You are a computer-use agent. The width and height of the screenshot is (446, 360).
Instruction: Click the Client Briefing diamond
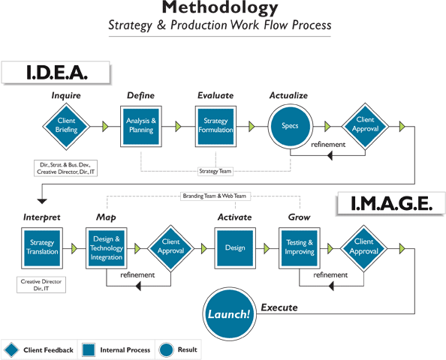(x=66, y=127)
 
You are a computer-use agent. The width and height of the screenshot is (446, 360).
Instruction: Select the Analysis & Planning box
(x=141, y=127)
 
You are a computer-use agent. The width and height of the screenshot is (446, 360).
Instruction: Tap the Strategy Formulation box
(x=215, y=127)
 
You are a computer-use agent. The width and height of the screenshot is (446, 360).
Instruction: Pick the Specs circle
(x=290, y=126)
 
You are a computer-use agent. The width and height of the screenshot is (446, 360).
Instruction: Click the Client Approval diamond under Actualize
(x=365, y=126)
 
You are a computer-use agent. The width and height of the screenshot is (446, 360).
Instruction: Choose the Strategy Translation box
(x=42, y=248)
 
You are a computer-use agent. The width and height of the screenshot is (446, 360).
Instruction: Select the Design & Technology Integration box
(x=107, y=248)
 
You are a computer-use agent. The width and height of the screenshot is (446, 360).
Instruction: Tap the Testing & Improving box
(x=300, y=248)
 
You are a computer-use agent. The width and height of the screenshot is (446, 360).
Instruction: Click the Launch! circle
(x=229, y=313)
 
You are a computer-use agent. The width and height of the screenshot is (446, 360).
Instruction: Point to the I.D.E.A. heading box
(x=56, y=73)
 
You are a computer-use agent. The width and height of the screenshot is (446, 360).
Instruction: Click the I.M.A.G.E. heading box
(x=391, y=203)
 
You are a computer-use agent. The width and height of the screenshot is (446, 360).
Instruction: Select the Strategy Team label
(x=215, y=171)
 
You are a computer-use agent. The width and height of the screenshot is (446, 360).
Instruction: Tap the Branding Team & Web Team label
(x=215, y=196)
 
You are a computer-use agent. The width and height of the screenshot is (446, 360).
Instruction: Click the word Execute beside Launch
(x=279, y=307)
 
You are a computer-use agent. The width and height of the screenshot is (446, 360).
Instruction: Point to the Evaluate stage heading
(x=215, y=95)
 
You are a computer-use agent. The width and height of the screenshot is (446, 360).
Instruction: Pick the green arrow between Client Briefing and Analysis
(x=105, y=127)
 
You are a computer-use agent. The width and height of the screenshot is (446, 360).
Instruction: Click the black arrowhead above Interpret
(x=42, y=201)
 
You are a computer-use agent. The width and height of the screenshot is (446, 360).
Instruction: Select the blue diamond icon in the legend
(x=11, y=349)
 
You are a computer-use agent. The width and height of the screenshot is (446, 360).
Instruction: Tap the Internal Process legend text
(x=125, y=350)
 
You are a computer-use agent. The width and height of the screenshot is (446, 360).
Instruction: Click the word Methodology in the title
(x=220, y=7)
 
